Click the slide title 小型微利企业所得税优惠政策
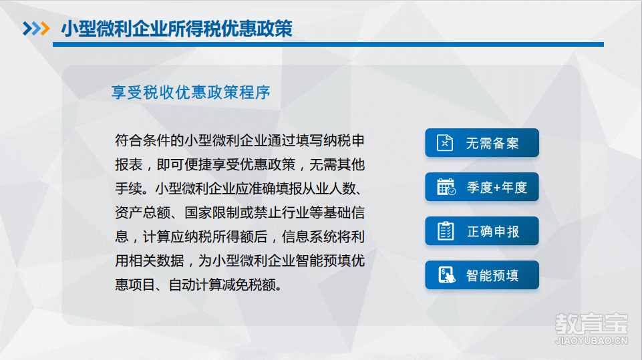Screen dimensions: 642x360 pos(176,29)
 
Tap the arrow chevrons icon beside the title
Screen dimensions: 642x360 pos(36,28)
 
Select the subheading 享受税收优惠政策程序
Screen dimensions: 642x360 pos(191,92)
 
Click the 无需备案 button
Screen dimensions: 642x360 pos(482,143)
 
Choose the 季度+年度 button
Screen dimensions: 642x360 pos(482,187)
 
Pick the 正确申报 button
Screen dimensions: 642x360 pos(482,231)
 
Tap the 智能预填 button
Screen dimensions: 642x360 pos(482,275)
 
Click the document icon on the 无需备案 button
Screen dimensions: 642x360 pos(445,143)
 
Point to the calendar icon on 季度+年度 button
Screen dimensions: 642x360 pos(446,187)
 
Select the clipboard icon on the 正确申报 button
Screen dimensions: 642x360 pos(446,231)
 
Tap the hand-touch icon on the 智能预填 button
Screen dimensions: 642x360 pos(446,275)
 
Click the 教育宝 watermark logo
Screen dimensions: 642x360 pos(591,324)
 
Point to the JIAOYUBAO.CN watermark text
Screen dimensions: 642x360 pos(591,341)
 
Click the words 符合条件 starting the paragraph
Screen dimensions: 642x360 pos(142,140)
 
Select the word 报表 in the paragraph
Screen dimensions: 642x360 pos(128,165)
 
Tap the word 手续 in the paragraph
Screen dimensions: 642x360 pos(128,189)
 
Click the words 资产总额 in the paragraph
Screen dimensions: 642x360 pos(142,212)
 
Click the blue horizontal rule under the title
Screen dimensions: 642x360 pos(329,44)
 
